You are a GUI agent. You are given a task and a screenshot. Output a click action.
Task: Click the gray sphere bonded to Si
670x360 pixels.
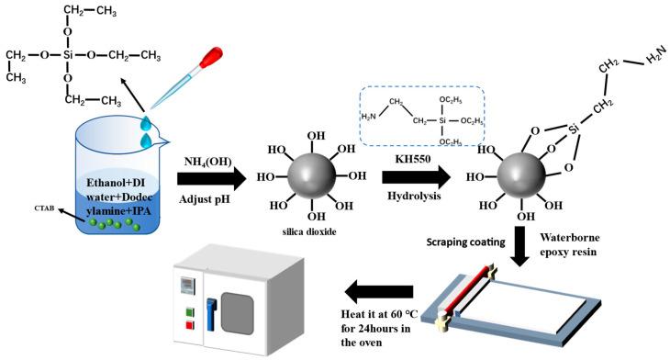(x=522, y=179)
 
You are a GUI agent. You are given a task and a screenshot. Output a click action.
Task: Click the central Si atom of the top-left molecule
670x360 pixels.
(x=69, y=55)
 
